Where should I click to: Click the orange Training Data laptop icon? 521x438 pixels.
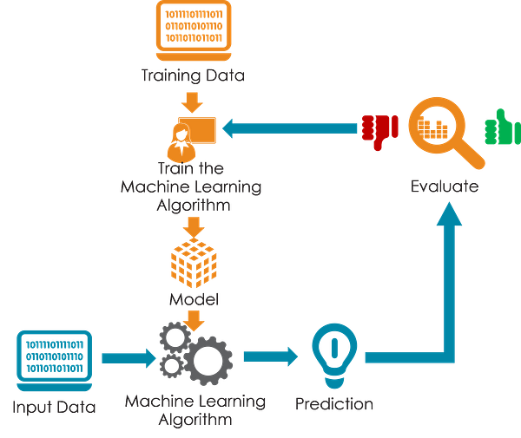(194, 30)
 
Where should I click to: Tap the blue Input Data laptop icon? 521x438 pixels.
(55, 361)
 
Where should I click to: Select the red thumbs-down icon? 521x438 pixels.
(379, 132)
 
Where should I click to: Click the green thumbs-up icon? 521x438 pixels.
(503, 127)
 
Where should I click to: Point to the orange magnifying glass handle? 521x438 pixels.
(472, 155)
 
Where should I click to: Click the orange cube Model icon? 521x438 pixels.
(194, 263)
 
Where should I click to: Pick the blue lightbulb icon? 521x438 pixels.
(334, 356)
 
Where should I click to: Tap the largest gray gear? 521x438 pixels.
(208, 361)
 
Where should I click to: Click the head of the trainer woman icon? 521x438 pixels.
(181, 133)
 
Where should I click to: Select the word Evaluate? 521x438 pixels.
(445, 186)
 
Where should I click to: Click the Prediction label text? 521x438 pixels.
(334, 404)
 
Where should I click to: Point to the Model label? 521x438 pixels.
(194, 299)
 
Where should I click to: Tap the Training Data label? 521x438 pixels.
(193, 75)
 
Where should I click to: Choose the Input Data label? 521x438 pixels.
(54, 407)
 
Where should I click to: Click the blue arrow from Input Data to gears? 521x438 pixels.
(129, 358)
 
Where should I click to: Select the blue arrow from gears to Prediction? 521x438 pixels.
(271, 356)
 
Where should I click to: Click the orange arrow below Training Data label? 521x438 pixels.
(192, 102)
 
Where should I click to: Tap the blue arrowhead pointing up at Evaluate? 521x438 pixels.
(449, 214)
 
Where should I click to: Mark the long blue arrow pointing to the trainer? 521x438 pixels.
(289, 128)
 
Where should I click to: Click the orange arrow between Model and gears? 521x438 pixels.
(194, 321)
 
